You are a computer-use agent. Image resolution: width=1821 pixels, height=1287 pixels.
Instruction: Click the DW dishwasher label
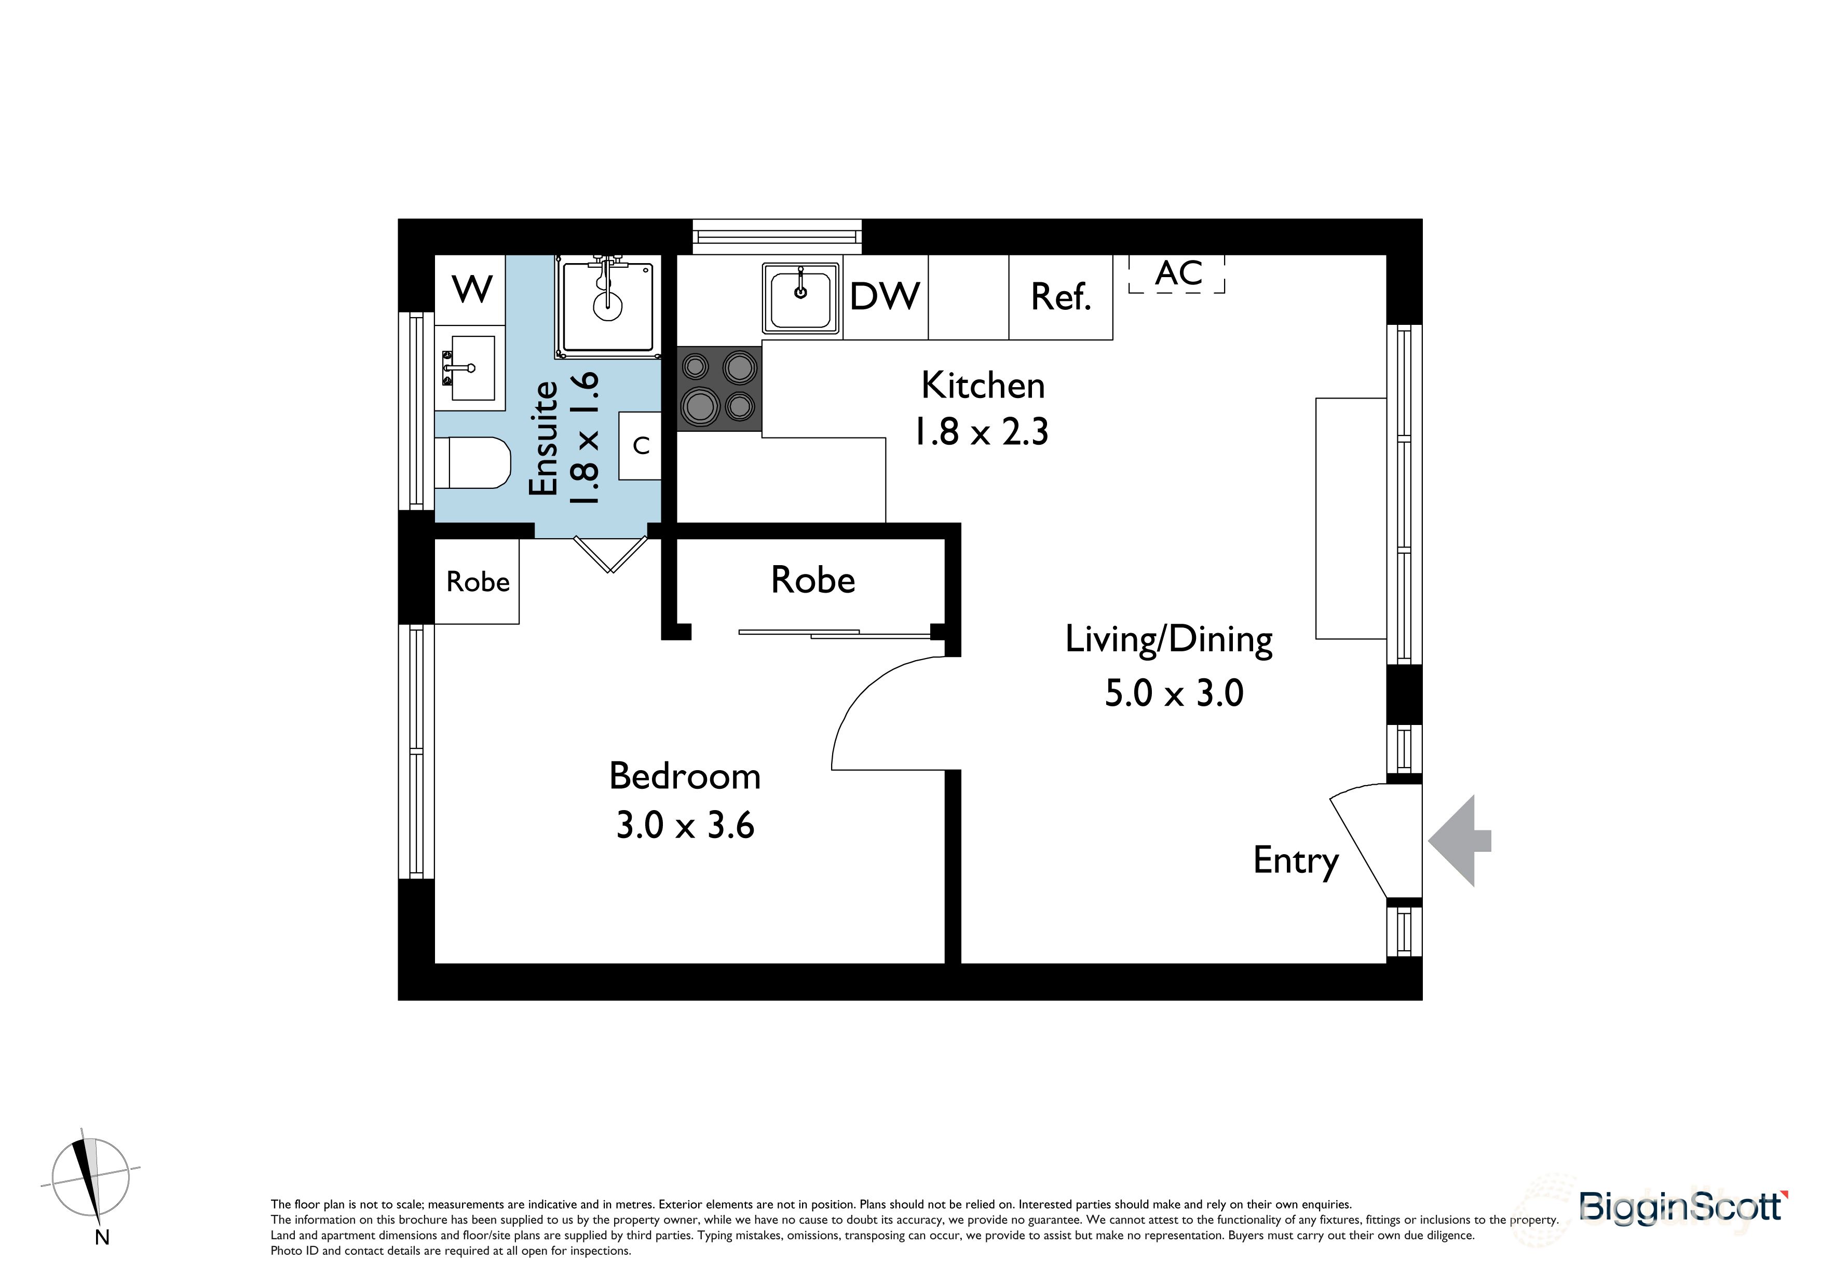885,296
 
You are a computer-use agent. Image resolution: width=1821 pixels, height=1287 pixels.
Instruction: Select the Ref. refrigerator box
1061,296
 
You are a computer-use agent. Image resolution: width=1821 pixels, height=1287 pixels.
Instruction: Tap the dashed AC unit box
1177,273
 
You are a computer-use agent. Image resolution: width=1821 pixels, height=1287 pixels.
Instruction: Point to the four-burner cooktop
718,389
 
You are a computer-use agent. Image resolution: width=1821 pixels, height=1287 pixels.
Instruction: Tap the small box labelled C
640,446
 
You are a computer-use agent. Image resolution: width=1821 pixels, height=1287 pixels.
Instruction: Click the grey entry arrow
1458,841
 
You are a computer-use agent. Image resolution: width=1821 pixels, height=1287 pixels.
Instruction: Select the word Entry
1295,860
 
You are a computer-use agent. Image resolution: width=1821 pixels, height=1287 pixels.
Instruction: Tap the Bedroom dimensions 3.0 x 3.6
685,826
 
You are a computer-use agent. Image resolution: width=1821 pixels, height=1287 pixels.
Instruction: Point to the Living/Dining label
1168,639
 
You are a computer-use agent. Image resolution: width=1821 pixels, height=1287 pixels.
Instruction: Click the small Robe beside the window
478,582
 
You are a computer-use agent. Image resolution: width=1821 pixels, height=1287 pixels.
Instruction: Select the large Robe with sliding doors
812,581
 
